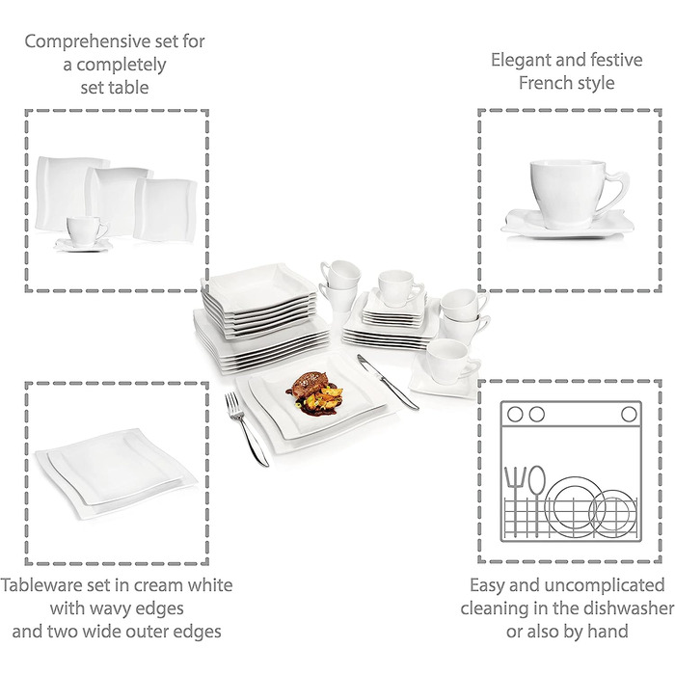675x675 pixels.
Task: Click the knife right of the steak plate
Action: [387, 382]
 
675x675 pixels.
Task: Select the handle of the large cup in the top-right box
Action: [615, 192]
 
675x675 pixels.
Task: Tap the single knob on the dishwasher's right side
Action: [629, 414]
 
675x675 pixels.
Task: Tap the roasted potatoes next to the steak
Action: [330, 396]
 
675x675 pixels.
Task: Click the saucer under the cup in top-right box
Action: [567, 224]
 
